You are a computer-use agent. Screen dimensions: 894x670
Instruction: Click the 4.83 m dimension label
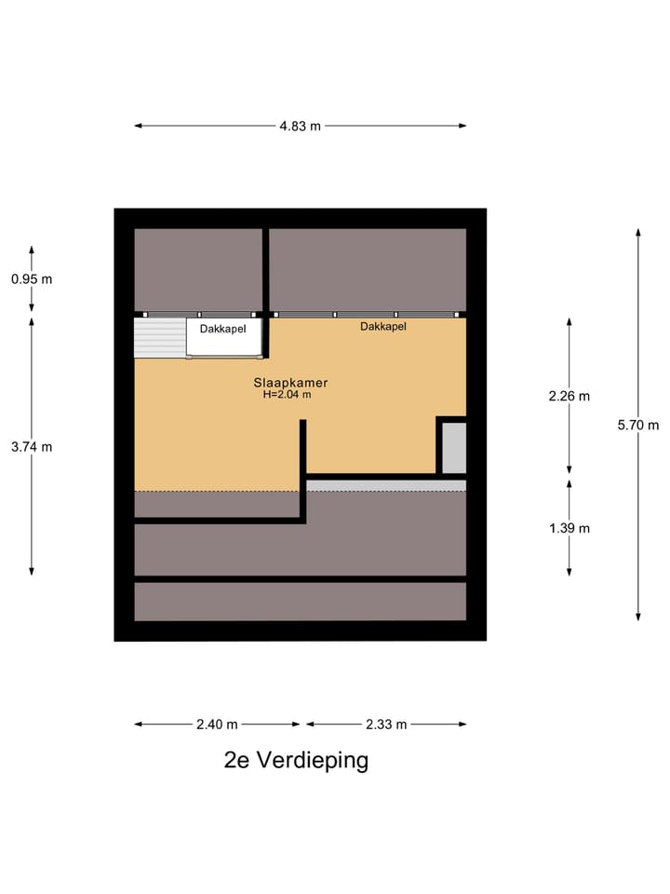click(301, 127)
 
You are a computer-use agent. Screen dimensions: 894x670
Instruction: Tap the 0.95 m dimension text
click(32, 278)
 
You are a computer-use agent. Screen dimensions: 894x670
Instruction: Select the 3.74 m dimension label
click(32, 447)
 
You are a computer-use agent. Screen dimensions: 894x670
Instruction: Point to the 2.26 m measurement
click(569, 396)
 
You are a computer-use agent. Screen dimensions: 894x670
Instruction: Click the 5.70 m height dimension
click(637, 425)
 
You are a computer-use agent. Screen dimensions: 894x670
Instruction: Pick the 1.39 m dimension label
click(569, 528)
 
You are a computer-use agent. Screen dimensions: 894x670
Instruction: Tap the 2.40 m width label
click(218, 725)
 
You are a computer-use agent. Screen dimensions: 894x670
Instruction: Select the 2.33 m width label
click(385, 725)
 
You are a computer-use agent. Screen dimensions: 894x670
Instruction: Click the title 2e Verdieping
click(296, 760)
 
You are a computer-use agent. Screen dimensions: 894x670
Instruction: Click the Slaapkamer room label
click(290, 382)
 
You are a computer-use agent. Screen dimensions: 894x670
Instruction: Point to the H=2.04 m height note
click(287, 395)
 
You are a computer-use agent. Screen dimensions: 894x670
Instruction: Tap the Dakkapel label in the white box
click(222, 329)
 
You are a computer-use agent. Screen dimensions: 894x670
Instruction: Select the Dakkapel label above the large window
click(383, 327)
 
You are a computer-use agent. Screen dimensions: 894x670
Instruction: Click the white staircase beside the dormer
click(159, 337)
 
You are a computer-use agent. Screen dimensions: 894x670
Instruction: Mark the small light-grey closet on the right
click(453, 448)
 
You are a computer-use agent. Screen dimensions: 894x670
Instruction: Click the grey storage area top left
click(197, 269)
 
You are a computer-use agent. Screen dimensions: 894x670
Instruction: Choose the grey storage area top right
click(368, 269)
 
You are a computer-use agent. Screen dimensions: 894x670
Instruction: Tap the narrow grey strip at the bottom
click(300, 602)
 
